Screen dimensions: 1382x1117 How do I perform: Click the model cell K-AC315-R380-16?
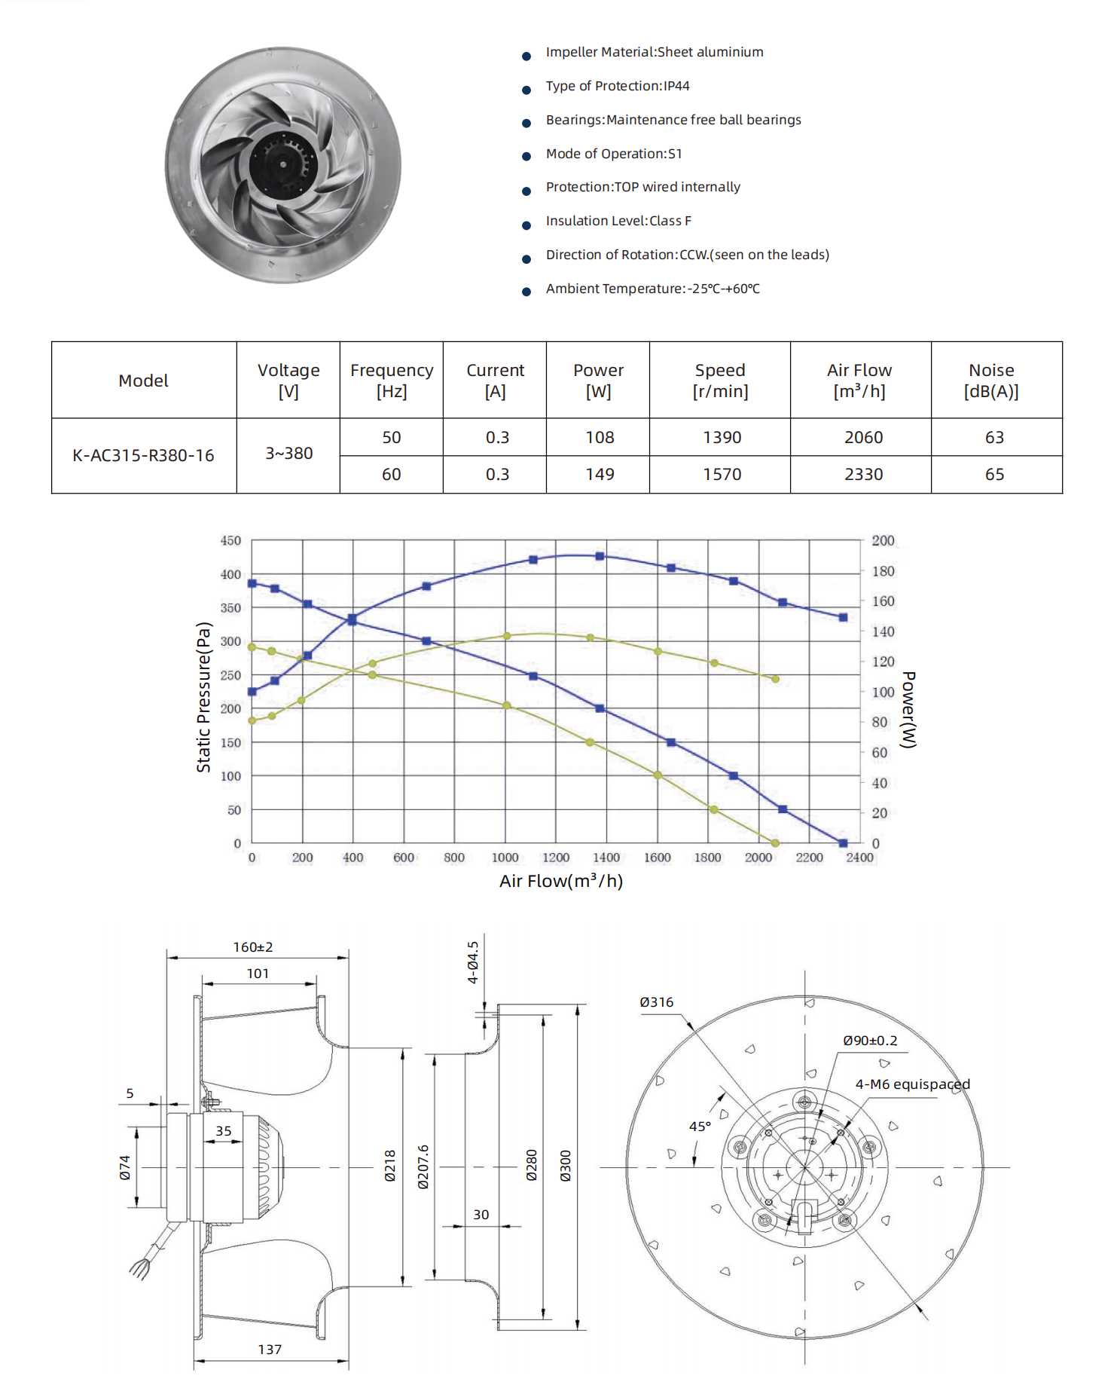(143, 455)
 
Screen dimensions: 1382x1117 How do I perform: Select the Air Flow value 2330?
(863, 474)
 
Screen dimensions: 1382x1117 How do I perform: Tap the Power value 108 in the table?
(600, 437)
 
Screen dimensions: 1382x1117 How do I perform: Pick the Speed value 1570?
(722, 474)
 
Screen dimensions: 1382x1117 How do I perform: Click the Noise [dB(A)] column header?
(991, 381)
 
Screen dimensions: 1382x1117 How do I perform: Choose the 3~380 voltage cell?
(288, 454)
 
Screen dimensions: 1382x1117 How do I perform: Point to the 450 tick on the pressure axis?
(230, 540)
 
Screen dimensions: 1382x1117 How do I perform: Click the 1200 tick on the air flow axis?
(555, 858)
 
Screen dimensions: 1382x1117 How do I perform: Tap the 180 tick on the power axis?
(883, 571)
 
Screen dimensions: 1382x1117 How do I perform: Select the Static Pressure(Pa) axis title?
(203, 697)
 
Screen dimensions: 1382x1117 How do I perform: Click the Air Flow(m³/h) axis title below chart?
(561, 881)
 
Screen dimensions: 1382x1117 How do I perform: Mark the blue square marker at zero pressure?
(843, 843)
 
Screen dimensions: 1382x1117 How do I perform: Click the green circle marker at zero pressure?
(775, 843)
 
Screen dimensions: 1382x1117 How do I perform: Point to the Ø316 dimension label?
(657, 1002)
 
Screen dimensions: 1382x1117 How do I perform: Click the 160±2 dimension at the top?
(253, 947)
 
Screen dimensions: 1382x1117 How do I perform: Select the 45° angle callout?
(700, 1127)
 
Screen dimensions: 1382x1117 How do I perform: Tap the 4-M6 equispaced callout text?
(912, 1084)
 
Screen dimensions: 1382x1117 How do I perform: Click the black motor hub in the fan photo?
(283, 163)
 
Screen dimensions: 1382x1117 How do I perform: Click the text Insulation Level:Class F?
(618, 221)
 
